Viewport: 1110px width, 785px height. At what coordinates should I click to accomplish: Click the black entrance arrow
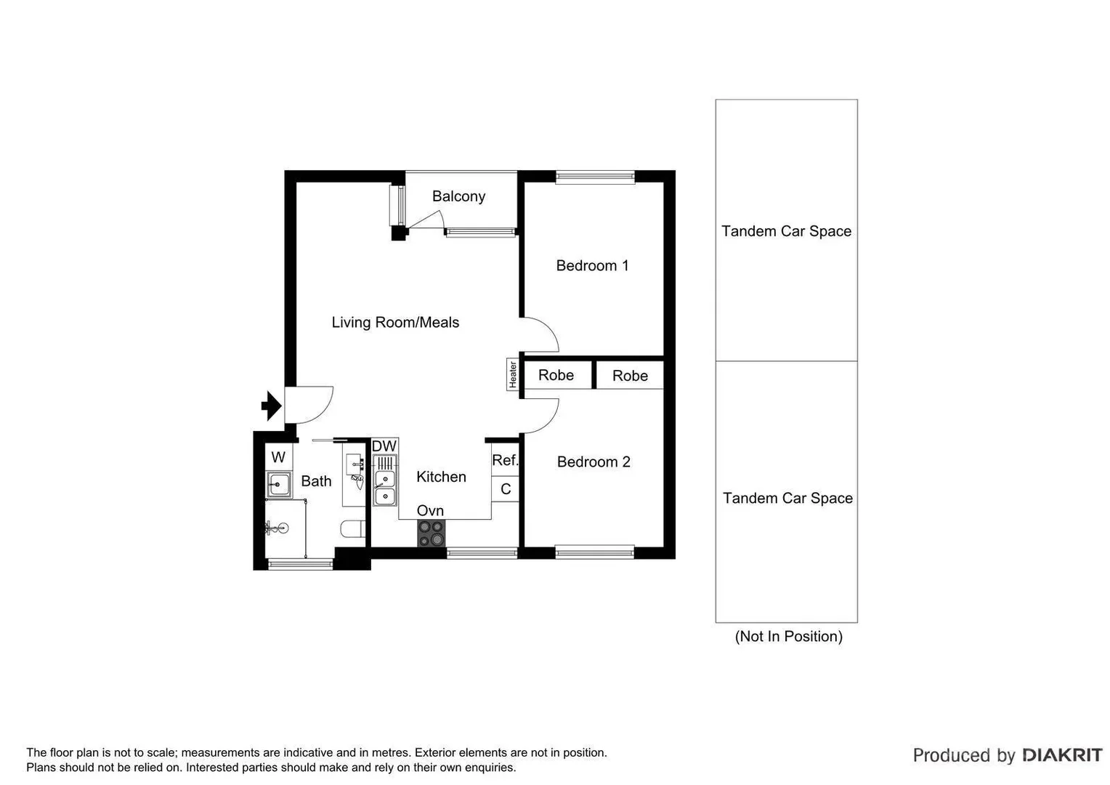pos(272,406)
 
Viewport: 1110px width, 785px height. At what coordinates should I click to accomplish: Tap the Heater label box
pos(512,374)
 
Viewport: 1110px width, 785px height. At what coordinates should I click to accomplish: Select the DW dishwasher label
pos(384,446)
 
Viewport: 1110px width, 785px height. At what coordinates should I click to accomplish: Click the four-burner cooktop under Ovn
pos(431,534)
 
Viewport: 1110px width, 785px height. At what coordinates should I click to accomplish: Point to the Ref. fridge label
pos(505,460)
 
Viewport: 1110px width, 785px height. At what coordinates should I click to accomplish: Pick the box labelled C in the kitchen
pos(506,489)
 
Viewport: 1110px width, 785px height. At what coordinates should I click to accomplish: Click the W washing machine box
pos(278,457)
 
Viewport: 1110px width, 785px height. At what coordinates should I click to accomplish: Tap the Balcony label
pos(458,196)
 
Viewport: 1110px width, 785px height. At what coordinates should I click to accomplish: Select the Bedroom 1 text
pos(592,266)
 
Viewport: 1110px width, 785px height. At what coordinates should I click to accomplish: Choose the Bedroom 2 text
pos(594,462)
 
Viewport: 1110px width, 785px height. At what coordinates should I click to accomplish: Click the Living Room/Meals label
pos(395,323)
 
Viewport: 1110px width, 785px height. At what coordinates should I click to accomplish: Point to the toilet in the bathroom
pos(354,529)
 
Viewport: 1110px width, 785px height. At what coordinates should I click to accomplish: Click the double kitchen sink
pos(385,488)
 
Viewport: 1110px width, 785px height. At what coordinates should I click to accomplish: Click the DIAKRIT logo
pos(1062,755)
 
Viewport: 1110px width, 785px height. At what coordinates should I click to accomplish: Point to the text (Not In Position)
pos(788,637)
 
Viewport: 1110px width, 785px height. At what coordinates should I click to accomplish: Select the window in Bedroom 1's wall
pos(595,177)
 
